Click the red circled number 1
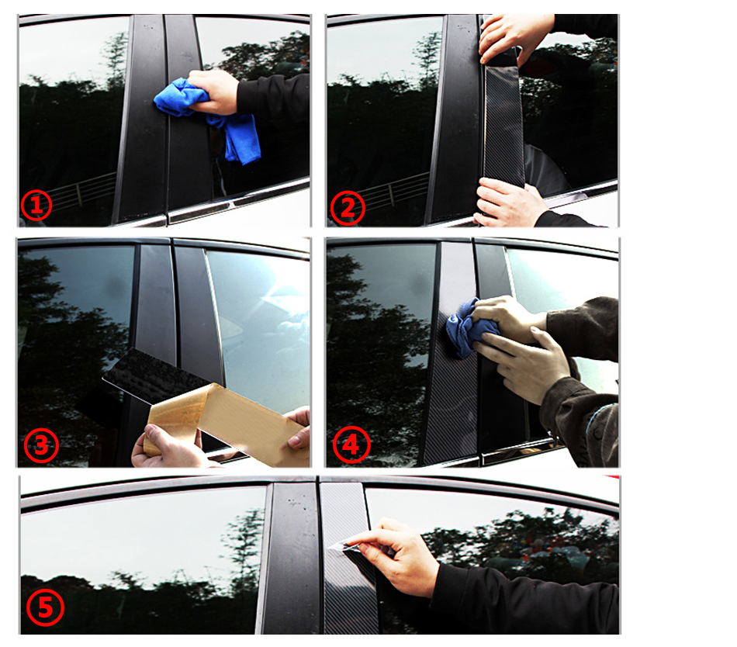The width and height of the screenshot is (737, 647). [x=36, y=205]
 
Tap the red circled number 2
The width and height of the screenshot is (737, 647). [x=348, y=208]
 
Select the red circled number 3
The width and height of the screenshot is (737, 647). [x=41, y=445]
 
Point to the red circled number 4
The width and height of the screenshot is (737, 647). [x=351, y=445]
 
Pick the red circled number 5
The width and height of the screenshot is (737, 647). [x=45, y=608]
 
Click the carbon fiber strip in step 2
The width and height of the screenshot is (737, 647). [x=503, y=125]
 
